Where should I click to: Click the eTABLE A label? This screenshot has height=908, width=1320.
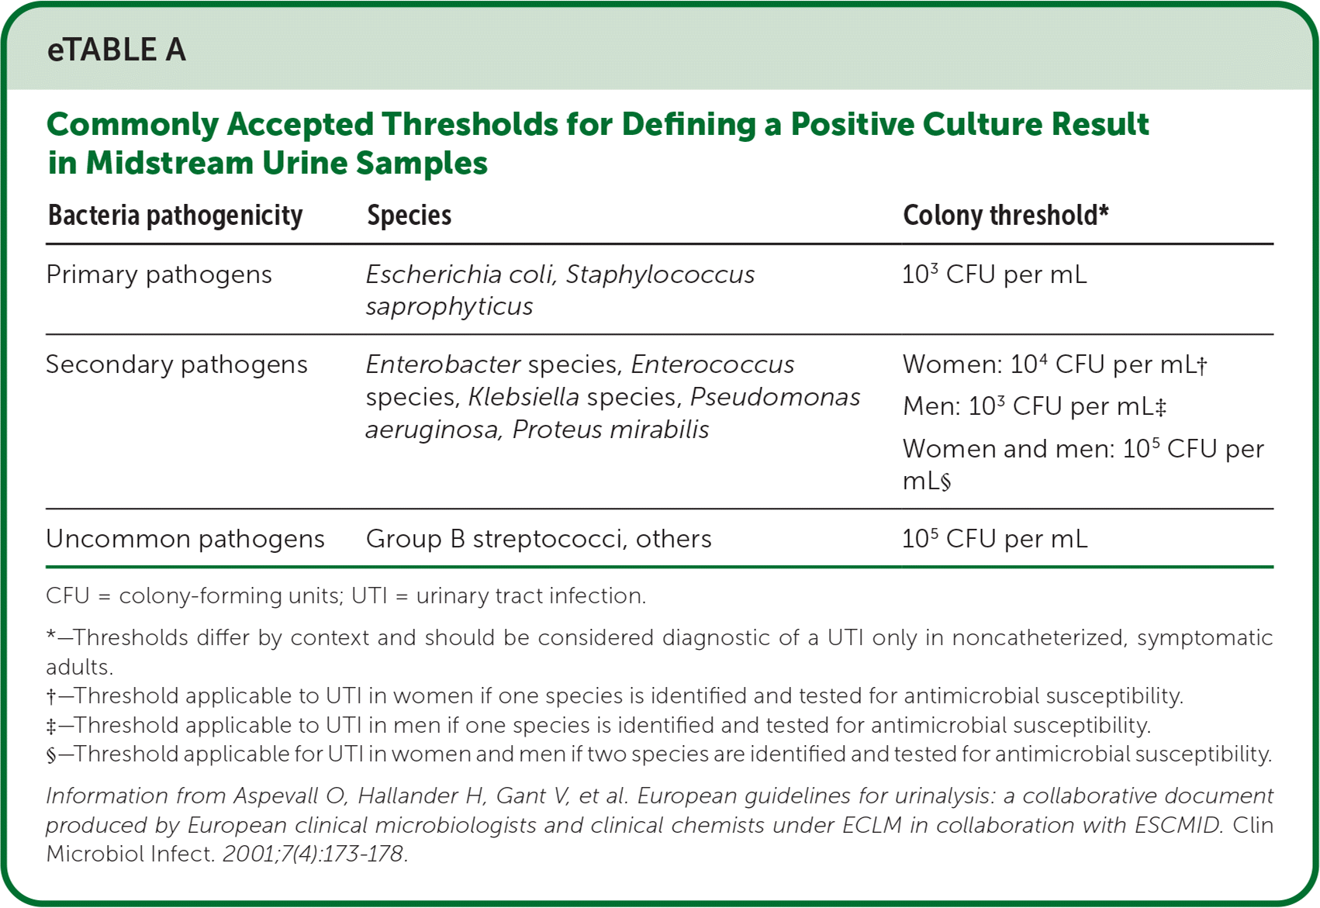point(116,50)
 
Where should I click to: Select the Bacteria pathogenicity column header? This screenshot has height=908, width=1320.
point(175,216)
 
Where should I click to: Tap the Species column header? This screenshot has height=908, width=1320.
point(409,216)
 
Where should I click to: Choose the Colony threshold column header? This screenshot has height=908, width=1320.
point(1006,215)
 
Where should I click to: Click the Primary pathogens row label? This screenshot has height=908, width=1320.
point(159,274)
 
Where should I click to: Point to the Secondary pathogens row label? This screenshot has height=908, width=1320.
point(177,364)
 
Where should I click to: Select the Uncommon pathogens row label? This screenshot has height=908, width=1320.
point(185,539)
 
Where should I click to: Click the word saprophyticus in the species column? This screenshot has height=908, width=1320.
point(449,307)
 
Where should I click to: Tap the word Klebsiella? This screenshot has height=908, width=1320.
point(524,397)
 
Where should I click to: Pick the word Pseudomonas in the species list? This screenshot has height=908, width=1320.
point(775,397)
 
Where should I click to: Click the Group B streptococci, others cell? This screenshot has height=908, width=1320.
point(538,539)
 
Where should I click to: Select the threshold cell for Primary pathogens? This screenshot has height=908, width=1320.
point(995,274)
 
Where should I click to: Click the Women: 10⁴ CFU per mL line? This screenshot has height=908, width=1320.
point(1055,364)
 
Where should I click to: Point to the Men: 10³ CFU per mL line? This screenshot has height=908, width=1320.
point(1034,406)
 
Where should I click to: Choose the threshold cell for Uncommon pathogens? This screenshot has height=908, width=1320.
point(995,539)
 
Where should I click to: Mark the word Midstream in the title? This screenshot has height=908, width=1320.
point(170,163)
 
